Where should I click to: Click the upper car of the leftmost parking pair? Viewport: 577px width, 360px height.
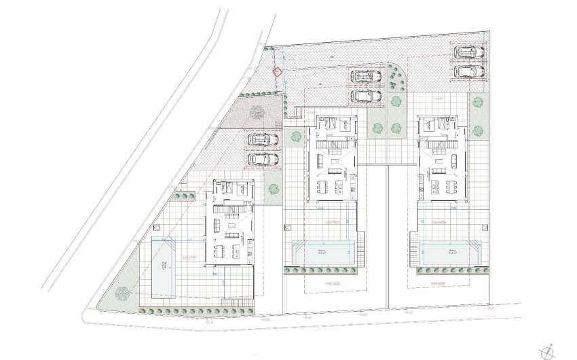tap(263, 140)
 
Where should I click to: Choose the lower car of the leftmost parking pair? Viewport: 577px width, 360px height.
tap(263, 159)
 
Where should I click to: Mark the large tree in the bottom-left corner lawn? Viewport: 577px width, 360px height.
tap(122, 293)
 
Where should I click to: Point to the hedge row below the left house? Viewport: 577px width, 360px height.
tap(197, 309)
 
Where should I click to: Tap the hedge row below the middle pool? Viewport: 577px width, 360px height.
tap(322, 271)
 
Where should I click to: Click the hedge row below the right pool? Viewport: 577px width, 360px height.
tap(448, 270)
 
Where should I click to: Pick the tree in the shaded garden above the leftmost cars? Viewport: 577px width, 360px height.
tap(257, 111)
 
